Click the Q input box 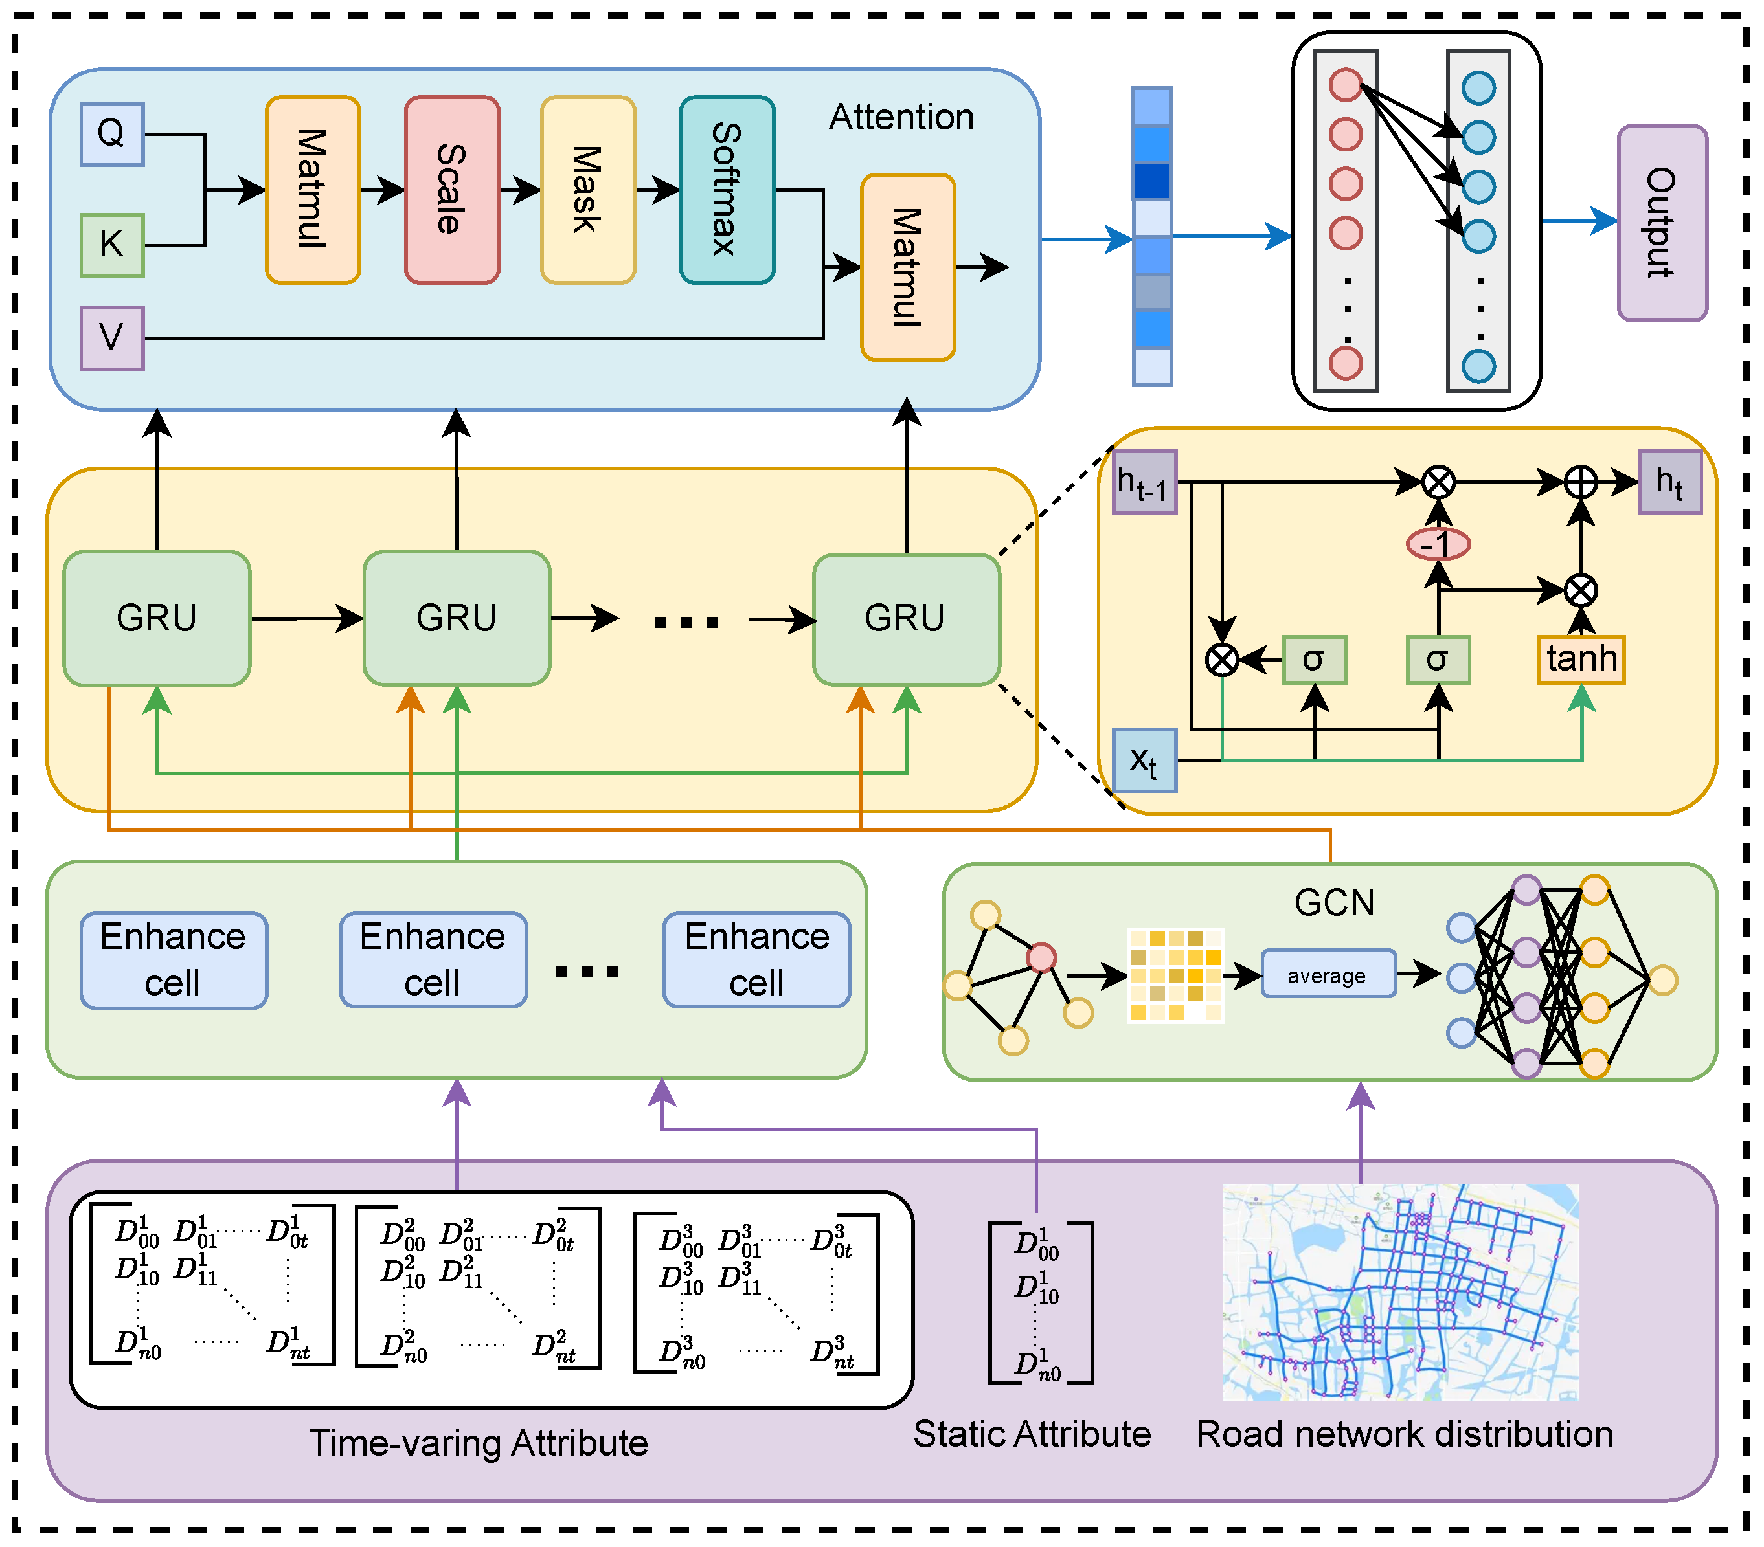112,134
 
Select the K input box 112,246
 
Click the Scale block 452,190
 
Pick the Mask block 589,190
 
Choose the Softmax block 727,190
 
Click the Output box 1662,223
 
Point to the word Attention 902,117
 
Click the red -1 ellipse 1438,544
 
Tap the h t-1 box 1144,482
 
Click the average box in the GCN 1328,974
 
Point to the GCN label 1334,902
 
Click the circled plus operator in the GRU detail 1581,482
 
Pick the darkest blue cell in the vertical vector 1152,181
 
